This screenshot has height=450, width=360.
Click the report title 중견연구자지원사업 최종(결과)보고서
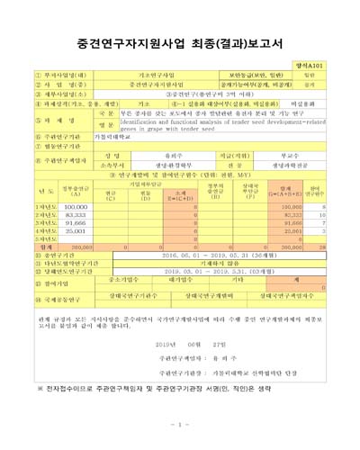[x=180, y=41]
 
